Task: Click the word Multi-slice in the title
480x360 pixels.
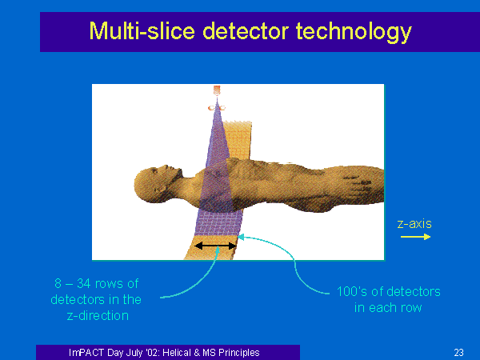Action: point(142,31)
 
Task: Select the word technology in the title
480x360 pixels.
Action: point(354,32)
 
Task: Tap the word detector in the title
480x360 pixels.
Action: point(246,31)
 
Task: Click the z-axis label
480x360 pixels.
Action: point(414,224)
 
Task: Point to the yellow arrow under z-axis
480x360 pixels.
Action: point(415,237)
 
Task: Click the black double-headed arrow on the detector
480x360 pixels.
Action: point(216,246)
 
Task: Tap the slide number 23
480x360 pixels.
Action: point(458,353)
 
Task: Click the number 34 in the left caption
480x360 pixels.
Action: point(84,283)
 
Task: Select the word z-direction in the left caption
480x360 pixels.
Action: point(98,316)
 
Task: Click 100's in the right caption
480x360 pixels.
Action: point(352,291)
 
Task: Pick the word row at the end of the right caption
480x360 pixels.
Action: point(411,308)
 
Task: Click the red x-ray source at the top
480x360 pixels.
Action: point(217,90)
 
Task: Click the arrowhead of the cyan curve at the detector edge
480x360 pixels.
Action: point(241,237)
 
